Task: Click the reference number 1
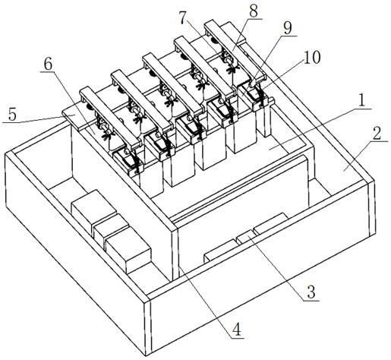[x=362, y=101]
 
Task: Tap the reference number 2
[x=377, y=134]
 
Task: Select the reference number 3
[x=311, y=292]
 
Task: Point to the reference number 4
[x=238, y=330]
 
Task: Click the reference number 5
[x=12, y=115]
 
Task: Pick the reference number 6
[x=48, y=65]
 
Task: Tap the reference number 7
[x=184, y=19]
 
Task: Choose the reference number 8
[x=254, y=11]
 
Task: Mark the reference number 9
[x=288, y=29]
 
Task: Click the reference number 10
[x=312, y=58]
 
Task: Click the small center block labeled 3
[x=244, y=238]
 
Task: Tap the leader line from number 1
[x=320, y=129]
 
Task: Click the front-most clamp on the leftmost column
[x=128, y=161]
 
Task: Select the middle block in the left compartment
[x=109, y=230]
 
